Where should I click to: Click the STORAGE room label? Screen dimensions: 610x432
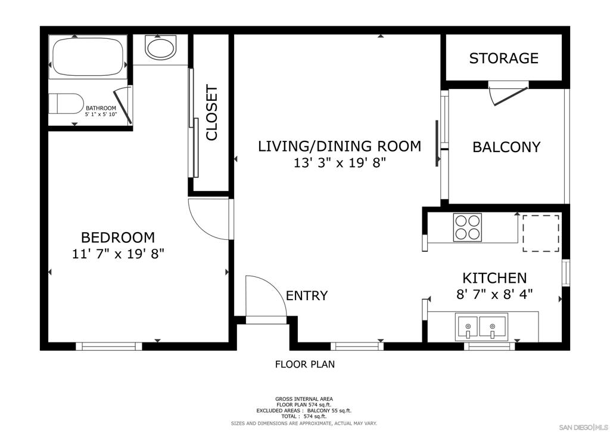[x=504, y=58]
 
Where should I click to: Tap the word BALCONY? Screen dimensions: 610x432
[x=506, y=147]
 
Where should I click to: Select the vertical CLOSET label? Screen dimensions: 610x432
[x=211, y=113]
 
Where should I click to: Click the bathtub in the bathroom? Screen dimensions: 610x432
[x=88, y=57]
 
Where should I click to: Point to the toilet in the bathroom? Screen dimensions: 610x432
[x=66, y=103]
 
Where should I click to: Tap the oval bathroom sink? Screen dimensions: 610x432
[x=160, y=47]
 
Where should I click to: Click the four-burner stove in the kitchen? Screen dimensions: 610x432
[x=467, y=227]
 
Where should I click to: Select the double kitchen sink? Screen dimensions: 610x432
[x=481, y=326]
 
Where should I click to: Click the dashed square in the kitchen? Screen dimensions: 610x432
[x=541, y=233]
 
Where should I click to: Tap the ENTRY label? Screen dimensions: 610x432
[x=307, y=296]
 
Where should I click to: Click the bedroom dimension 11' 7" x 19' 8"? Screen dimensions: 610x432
[x=119, y=254]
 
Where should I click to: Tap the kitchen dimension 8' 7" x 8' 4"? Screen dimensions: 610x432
[x=494, y=294]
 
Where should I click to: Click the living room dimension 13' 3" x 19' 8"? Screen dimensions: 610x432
[x=340, y=162]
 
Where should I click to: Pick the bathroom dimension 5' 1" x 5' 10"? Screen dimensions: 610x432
[x=101, y=115]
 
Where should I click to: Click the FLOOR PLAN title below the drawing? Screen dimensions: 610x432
[x=305, y=364]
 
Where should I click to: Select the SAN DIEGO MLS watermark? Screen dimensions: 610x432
[x=583, y=427]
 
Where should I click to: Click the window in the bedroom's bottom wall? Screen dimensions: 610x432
[x=109, y=346]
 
